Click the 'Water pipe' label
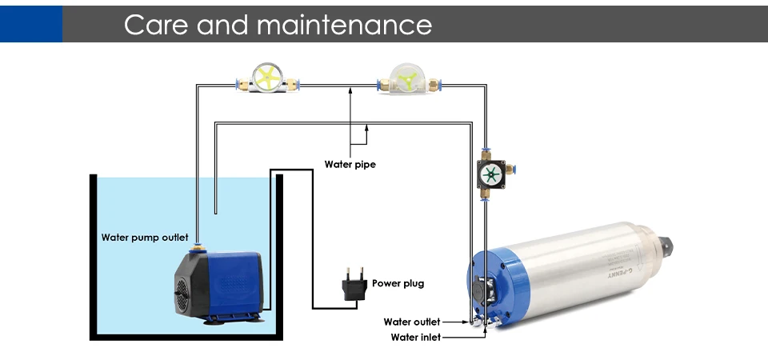[350, 165]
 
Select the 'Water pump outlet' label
[145, 238]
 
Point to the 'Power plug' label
[398, 283]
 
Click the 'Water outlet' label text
[412, 322]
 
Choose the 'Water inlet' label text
[415, 337]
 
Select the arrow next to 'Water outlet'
[454, 322]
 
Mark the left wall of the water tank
[93, 256]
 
